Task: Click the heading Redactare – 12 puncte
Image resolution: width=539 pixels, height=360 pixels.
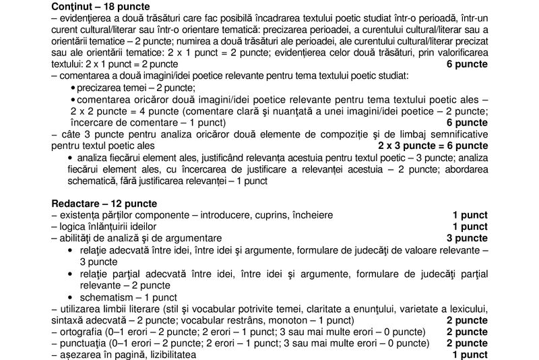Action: (104, 203)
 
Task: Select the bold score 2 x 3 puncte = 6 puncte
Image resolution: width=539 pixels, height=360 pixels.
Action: (433, 146)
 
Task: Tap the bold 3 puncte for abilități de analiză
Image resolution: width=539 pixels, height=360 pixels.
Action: (467, 238)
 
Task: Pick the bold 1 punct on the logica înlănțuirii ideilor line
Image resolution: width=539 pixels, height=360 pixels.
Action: (470, 227)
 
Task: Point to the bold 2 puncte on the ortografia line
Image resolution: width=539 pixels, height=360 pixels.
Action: (467, 332)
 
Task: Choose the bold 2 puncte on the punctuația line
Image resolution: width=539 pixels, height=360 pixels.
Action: (467, 343)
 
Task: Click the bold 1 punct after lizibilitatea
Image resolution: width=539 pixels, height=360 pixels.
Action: (470, 355)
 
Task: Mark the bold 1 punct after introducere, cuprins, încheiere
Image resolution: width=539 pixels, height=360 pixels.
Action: (470, 215)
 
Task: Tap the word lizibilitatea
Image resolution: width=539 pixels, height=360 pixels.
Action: (166, 355)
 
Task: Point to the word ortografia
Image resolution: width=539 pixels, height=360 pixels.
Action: (77, 332)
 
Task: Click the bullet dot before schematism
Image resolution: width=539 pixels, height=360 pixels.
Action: (71, 297)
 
